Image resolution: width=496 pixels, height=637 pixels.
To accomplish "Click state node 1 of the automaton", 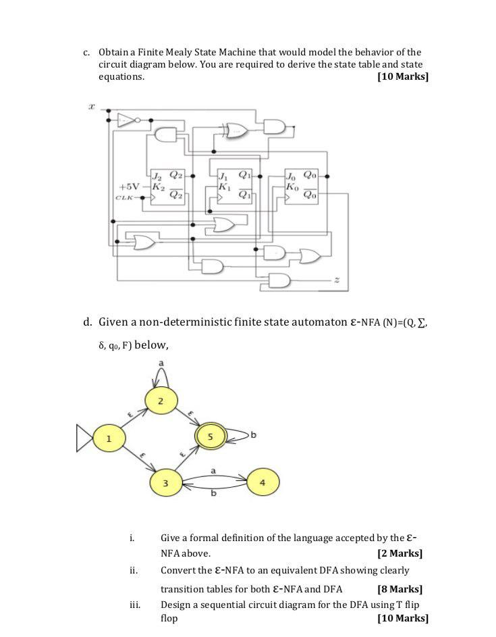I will click(108, 438).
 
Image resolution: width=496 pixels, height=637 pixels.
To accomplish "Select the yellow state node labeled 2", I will click(161, 402).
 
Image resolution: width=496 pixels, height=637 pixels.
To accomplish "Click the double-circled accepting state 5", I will click(211, 437).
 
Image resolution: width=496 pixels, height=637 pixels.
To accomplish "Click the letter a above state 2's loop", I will click(161, 363).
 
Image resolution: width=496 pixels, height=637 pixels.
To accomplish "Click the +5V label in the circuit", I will click(129, 186).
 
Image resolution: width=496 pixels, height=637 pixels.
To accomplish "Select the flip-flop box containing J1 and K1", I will click(236, 185).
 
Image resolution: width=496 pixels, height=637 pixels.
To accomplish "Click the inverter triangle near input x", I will click(126, 120).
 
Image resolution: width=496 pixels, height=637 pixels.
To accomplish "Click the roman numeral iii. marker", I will click(134, 604).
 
